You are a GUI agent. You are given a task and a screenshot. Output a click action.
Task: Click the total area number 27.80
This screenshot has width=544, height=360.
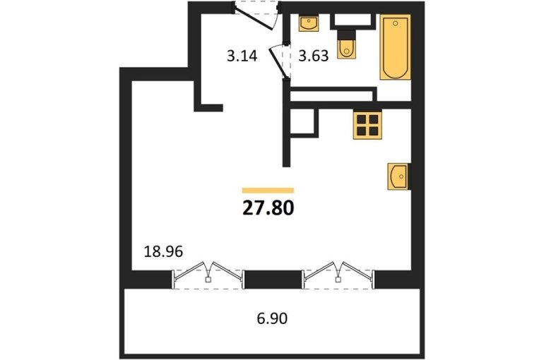tap(268, 208)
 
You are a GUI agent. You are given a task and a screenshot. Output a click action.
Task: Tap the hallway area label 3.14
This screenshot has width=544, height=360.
tap(242, 56)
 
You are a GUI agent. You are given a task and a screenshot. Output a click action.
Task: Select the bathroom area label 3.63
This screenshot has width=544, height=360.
tap(314, 56)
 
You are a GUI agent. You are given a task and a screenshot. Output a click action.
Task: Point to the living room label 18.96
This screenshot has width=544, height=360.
tap(163, 251)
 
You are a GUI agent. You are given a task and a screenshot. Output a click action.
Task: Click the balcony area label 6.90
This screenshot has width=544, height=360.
tap(272, 318)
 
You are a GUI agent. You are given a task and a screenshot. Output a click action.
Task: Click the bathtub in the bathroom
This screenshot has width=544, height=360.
tap(395, 47)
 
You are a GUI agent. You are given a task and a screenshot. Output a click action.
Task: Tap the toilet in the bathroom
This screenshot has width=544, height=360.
tap(346, 49)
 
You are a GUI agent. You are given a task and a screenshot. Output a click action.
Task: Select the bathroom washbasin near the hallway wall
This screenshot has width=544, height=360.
tap(309, 23)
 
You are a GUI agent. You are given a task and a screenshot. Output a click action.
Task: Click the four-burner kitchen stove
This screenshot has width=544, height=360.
tap(367, 125)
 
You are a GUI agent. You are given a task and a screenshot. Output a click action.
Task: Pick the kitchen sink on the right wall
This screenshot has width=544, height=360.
tap(398, 176)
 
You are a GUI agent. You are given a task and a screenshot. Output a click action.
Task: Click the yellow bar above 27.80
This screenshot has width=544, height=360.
tap(268, 190)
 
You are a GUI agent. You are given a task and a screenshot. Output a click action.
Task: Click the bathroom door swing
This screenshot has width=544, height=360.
tap(279, 61)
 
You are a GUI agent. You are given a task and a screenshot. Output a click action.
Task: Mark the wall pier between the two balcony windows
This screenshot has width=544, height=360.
tap(273, 280)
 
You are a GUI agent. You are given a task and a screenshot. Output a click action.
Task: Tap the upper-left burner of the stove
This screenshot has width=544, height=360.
tap(362, 119)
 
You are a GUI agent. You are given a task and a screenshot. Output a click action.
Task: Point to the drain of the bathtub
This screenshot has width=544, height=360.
tap(396, 23)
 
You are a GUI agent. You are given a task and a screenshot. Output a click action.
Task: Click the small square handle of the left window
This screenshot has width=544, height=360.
tap(208, 280)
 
